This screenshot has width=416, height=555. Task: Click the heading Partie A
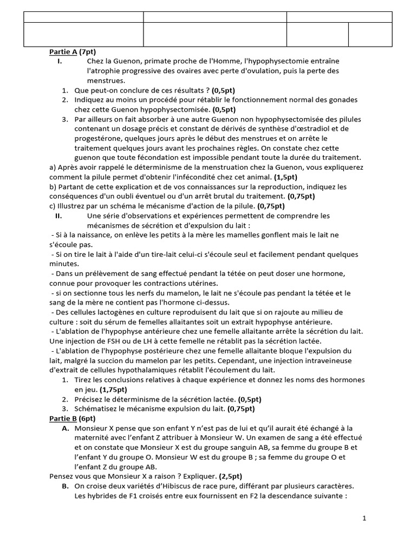62,52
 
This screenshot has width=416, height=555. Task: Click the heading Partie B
62,418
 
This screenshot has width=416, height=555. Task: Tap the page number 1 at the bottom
365,518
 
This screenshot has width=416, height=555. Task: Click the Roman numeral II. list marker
60,215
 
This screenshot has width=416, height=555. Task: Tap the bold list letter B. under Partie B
65,486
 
